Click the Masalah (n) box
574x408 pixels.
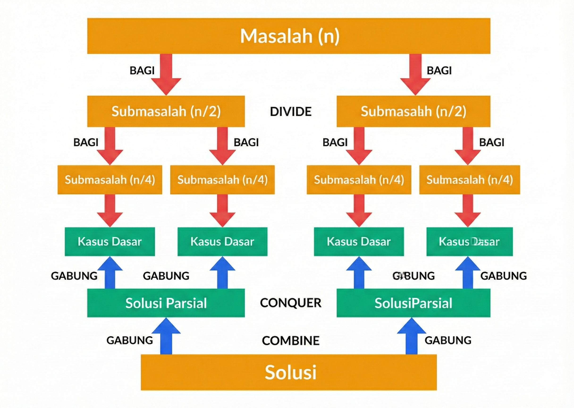[x=289, y=36]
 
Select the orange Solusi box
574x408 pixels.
[x=289, y=372]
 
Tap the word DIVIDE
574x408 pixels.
[x=291, y=111]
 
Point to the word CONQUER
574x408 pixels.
[x=291, y=303]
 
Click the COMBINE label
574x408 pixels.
[x=291, y=341]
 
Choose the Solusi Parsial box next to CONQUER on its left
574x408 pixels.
[x=166, y=303]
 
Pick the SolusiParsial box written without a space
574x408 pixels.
[x=413, y=303]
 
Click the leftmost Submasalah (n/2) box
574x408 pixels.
[x=166, y=111]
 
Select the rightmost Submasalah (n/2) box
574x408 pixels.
[x=413, y=111]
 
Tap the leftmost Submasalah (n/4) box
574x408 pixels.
[x=110, y=180]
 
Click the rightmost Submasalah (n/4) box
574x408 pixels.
[x=469, y=180]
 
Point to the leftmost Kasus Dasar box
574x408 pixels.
[x=110, y=242]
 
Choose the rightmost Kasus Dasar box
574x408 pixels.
[x=469, y=242]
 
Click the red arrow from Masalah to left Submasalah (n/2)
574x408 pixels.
[x=166, y=75]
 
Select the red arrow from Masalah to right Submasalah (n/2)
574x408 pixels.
[x=415, y=75]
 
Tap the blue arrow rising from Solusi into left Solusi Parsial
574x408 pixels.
[x=166, y=337]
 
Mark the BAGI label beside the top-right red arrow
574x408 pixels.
[x=439, y=71]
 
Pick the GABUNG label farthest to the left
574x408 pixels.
[x=74, y=276]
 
